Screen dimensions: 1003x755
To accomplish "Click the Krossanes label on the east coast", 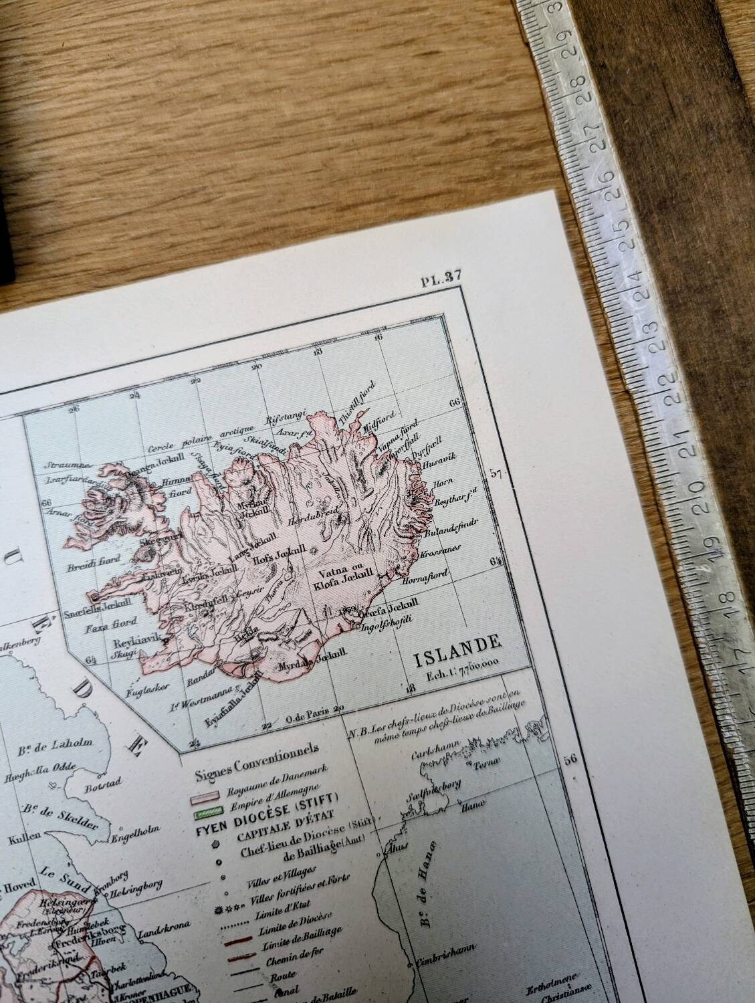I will click(x=437, y=555).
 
